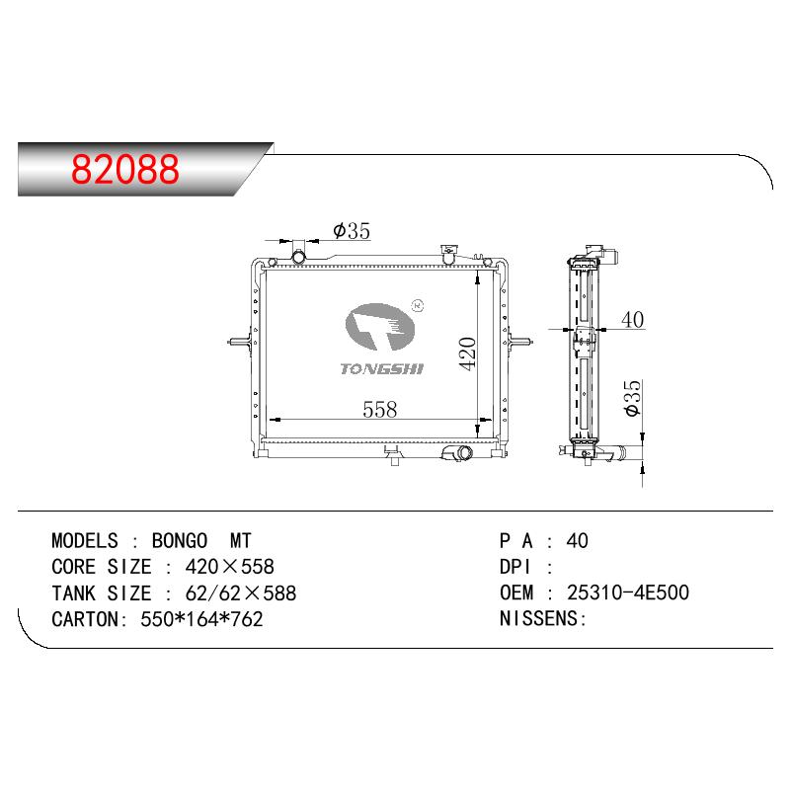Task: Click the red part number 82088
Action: click(125, 169)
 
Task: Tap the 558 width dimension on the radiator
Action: click(380, 409)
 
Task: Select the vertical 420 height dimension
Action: click(467, 354)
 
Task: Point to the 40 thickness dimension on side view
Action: click(632, 319)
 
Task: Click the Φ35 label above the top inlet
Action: click(352, 231)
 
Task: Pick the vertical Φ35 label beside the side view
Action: click(632, 398)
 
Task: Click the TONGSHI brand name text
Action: click(382, 368)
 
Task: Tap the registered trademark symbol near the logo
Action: click(418, 305)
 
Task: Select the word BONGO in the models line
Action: click(180, 540)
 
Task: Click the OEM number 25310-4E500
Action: click(628, 592)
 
